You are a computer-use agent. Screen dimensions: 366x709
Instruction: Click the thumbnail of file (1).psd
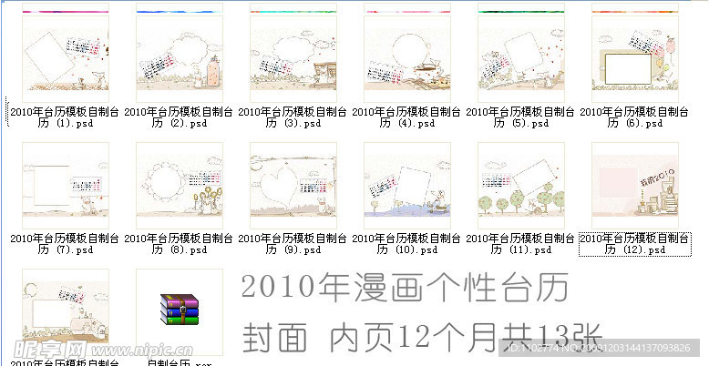click(x=65, y=54)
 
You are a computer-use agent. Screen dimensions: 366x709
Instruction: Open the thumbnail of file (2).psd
click(x=179, y=54)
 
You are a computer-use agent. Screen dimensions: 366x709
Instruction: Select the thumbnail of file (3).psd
click(x=293, y=54)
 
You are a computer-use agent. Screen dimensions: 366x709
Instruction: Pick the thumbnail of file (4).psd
click(x=406, y=54)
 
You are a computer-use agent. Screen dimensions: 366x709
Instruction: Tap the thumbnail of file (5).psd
click(x=520, y=54)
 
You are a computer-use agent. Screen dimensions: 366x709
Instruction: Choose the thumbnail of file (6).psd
click(x=634, y=54)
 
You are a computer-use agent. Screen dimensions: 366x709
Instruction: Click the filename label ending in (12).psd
click(x=634, y=243)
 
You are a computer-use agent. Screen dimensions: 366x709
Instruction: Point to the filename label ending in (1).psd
click(x=65, y=117)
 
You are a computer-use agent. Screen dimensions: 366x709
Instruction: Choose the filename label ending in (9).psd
click(x=293, y=243)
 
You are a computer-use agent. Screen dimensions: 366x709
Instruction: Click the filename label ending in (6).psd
click(x=634, y=117)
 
